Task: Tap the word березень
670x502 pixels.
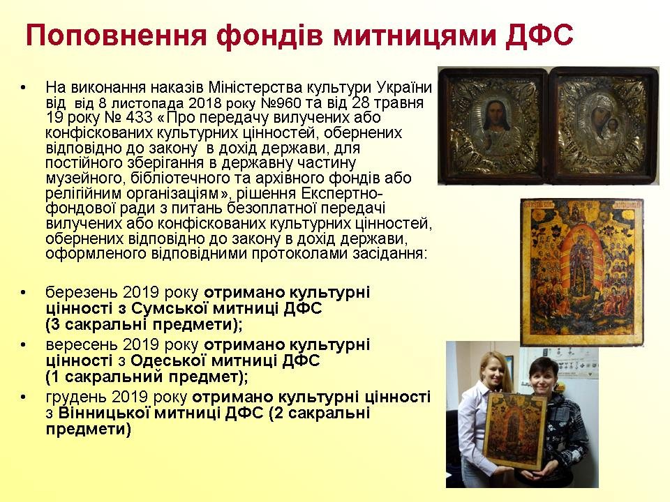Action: click(81, 294)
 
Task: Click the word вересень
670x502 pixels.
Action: click(81, 345)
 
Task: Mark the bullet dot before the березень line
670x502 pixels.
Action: click(22, 294)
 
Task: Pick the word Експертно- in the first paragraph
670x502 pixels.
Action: click(339, 193)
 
